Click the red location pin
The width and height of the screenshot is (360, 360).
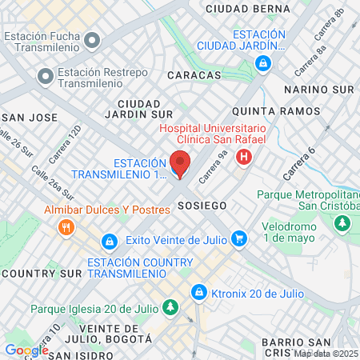[x=180, y=163]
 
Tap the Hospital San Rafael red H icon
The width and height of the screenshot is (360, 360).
[x=244, y=157]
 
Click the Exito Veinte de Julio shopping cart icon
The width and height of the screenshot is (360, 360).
[x=238, y=238]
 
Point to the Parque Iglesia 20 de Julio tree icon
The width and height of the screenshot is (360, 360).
[x=170, y=307]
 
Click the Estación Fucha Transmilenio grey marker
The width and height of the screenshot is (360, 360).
[x=93, y=39]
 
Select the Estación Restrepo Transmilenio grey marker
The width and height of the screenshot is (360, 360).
[x=44, y=78]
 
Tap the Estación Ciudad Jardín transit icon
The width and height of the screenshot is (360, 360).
[x=274, y=62]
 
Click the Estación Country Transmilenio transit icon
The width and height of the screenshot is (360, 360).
[x=108, y=240]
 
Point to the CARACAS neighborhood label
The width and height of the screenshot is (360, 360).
[x=194, y=74]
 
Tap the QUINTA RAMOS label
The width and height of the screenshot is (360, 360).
[x=265, y=110]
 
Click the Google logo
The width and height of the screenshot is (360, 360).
[x=26, y=350]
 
